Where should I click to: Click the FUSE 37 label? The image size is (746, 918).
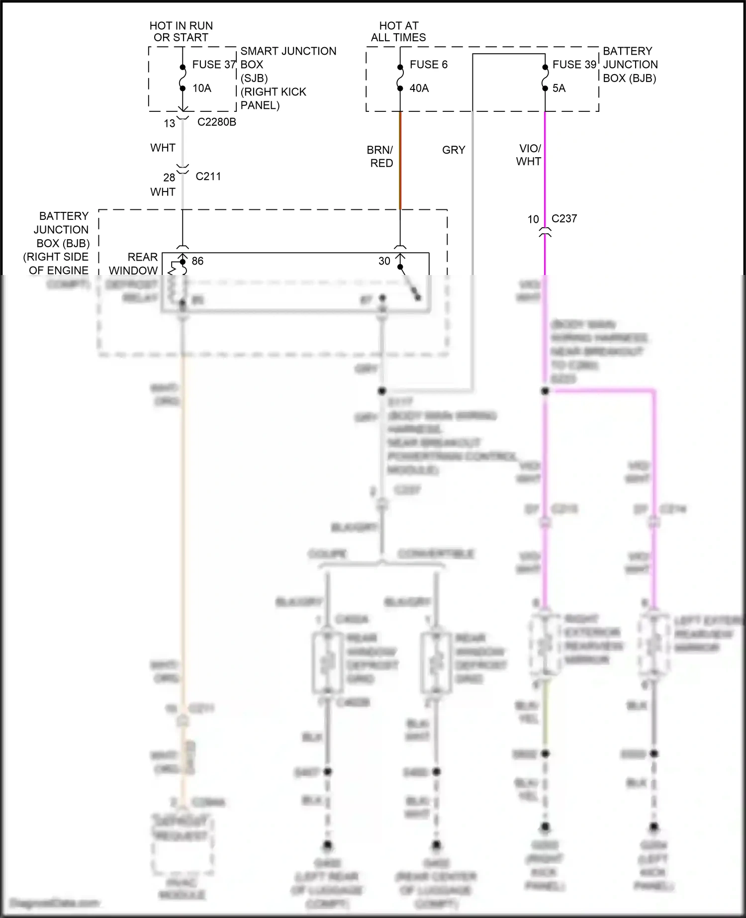pos(214,65)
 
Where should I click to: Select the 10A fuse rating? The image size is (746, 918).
pos(202,89)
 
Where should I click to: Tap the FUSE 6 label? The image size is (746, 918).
pos(428,65)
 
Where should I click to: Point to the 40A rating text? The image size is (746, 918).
pos(419,89)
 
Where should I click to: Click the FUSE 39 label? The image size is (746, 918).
pos(574,65)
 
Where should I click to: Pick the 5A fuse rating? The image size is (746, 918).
pos(559,89)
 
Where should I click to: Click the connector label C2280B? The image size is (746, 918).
pos(217,122)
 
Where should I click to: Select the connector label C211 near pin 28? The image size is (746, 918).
pos(208,177)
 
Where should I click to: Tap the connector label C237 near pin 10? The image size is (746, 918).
pos(564,219)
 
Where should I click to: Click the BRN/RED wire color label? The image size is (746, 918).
pos(380,157)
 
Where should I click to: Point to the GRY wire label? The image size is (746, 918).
pos(454,150)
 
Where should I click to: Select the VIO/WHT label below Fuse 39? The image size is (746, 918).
pos(529,155)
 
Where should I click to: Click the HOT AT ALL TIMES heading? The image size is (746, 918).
pos(398,31)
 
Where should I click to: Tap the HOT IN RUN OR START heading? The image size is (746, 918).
pos(181,31)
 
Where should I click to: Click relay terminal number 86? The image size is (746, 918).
pos(197,262)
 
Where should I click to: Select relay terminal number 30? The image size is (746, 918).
pos(384,262)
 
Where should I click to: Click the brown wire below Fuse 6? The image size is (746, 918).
pos(400,159)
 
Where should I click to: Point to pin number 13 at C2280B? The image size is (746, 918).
pos(170,123)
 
